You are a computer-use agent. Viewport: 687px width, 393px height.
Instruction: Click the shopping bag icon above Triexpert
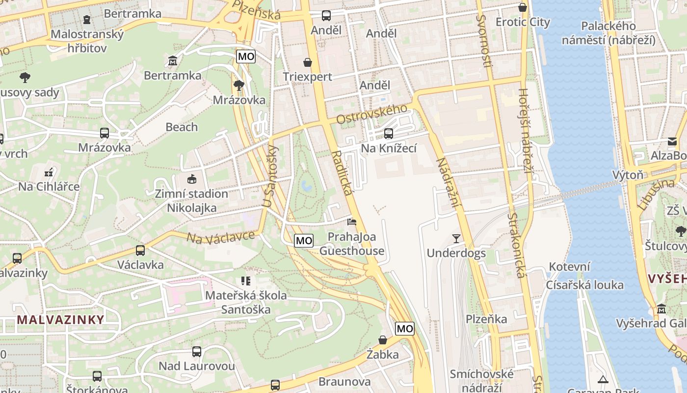(x=308, y=62)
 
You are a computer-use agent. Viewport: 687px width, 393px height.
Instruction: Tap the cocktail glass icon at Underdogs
(x=456, y=239)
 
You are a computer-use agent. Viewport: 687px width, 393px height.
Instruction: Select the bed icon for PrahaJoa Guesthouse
(x=352, y=222)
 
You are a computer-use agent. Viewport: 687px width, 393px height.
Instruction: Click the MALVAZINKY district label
(x=61, y=319)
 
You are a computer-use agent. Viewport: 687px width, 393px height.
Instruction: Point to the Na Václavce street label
(x=221, y=237)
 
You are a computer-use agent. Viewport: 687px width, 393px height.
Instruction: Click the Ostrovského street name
(x=372, y=114)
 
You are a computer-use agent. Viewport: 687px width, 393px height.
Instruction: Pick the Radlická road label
(x=342, y=173)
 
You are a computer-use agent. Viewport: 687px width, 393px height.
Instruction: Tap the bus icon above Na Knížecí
(x=389, y=133)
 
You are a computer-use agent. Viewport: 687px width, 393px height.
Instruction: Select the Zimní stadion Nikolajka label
(x=191, y=200)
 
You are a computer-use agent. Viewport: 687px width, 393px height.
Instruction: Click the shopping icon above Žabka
(x=383, y=340)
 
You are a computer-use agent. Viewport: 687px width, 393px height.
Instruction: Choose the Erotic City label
(x=523, y=22)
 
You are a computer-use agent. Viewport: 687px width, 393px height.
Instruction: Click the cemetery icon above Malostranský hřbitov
(x=87, y=20)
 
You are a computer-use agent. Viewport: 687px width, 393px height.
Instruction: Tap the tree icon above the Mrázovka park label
(x=239, y=85)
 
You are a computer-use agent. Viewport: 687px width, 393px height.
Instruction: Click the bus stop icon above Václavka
(x=140, y=251)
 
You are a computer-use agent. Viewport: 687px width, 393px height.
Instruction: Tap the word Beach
(x=182, y=127)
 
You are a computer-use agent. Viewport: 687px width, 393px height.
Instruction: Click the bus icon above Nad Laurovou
(x=197, y=352)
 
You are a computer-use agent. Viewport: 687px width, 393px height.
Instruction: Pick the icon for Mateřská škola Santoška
(x=246, y=281)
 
